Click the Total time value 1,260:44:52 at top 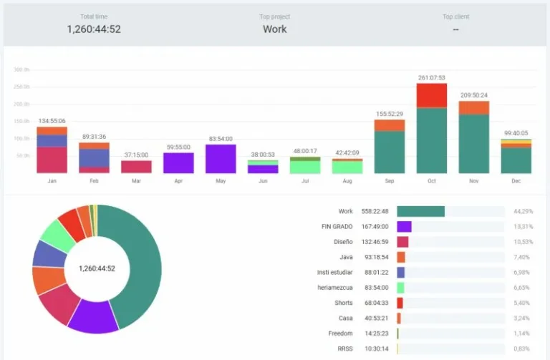pos(94,29)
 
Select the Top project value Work pos(274,29)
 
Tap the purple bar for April pos(178,162)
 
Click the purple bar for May pos(221,159)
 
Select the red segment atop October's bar pos(431,95)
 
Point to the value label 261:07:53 pos(431,77)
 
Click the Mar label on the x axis pos(136,181)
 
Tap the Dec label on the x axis pos(516,181)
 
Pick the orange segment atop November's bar pos(473,107)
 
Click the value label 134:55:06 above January pos(52,121)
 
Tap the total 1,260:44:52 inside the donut pos(97,269)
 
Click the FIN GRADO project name pos(338,226)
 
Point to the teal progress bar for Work pos(420,211)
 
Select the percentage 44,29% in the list pos(523,211)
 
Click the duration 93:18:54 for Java pos(375,257)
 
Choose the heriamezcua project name pos(334,287)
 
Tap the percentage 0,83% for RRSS pos(523,349)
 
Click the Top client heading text pos(456,16)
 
